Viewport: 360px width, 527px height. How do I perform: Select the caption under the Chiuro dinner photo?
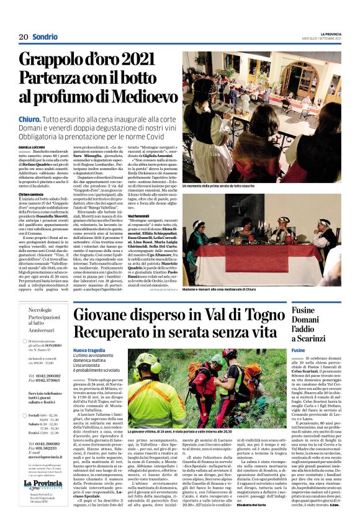pyautogui.click(x=218, y=186)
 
